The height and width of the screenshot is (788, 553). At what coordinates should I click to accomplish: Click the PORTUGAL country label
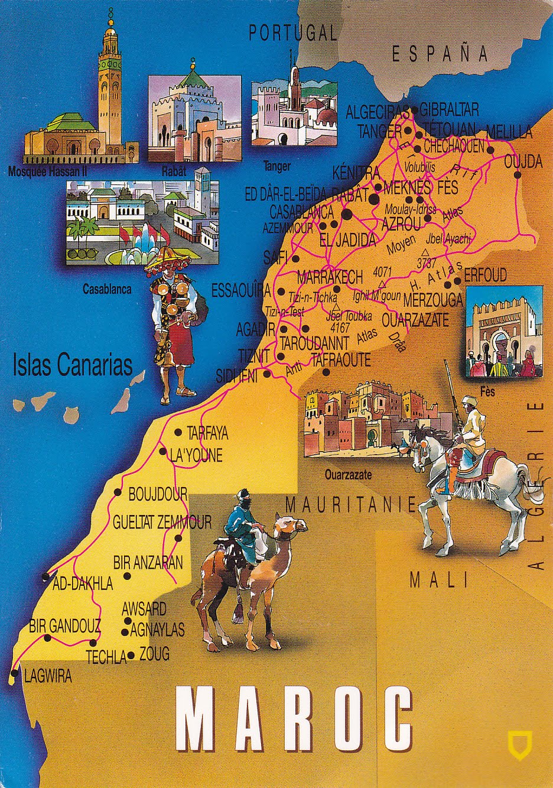292,33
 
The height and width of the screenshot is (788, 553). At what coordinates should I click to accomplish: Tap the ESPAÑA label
440,54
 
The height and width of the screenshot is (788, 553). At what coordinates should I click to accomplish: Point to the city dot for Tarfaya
178,433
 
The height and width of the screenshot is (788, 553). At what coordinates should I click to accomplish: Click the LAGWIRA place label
47,676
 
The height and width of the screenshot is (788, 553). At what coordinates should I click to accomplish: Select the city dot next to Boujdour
118,492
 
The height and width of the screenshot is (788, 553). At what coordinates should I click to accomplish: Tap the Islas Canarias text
72,365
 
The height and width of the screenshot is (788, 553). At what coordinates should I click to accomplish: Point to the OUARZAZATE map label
415,320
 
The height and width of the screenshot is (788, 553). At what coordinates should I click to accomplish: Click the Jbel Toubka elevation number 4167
340,326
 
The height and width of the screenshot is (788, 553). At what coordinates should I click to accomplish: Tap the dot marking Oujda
517,174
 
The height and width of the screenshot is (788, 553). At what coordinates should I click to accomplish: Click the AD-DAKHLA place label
82,584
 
